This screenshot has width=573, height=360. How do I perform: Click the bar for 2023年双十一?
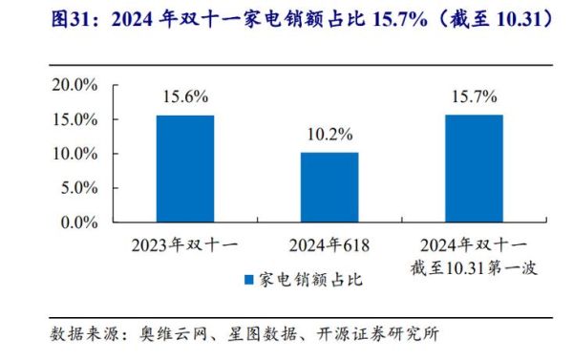(185, 169)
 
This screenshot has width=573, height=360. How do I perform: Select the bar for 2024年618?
(329, 187)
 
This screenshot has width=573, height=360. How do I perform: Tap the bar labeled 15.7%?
(474, 169)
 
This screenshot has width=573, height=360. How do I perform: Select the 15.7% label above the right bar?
(474, 97)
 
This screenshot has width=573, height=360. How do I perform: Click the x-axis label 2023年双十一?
(185, 244)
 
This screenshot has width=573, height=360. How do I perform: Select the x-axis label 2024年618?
(329, 244)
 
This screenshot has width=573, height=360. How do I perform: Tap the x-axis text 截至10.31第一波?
(474, 268)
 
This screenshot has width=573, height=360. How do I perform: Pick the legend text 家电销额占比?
(308, 280)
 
